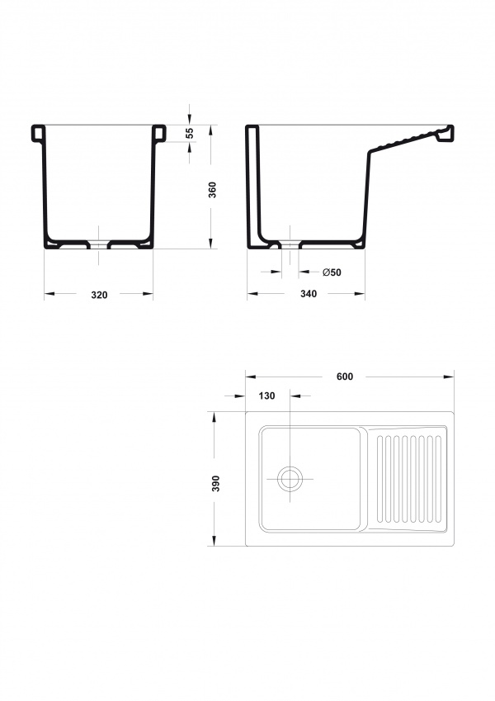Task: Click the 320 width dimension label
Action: [x=99, y=295]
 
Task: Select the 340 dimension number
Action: [x=309, y=294]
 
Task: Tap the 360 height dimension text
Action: [x=213, y=190]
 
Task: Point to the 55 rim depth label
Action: [x=190, y=133]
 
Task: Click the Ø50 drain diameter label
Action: [x=332, y=272]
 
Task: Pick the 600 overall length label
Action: [x=345, y=377]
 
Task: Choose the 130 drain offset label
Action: [x=266, y=396]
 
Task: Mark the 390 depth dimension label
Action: [x=216, y=484]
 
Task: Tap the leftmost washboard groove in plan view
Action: [x=379, y=479]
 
